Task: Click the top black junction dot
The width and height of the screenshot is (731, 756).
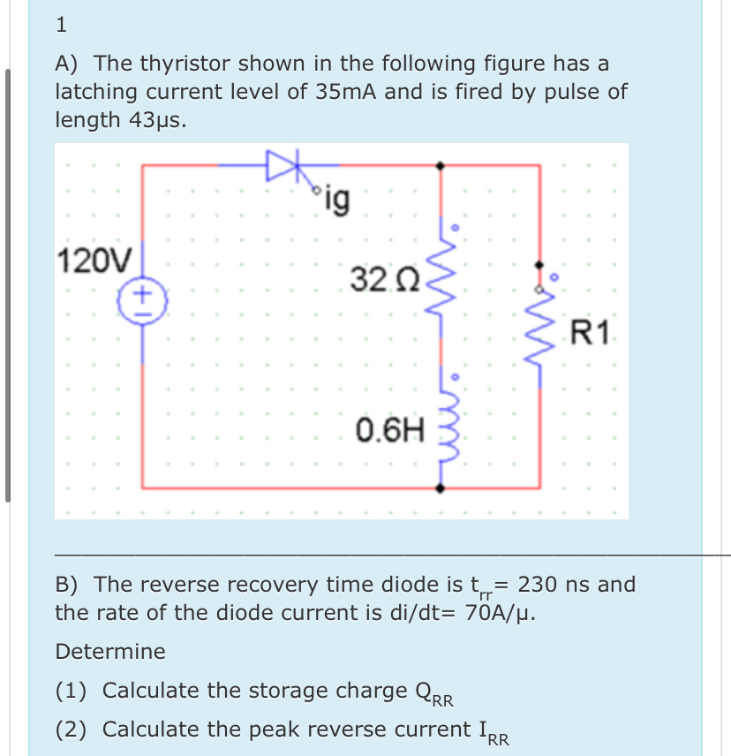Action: (441, 165)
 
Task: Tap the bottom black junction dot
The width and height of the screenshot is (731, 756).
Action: (441, 487)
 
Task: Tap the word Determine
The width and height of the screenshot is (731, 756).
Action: (110, 652)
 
